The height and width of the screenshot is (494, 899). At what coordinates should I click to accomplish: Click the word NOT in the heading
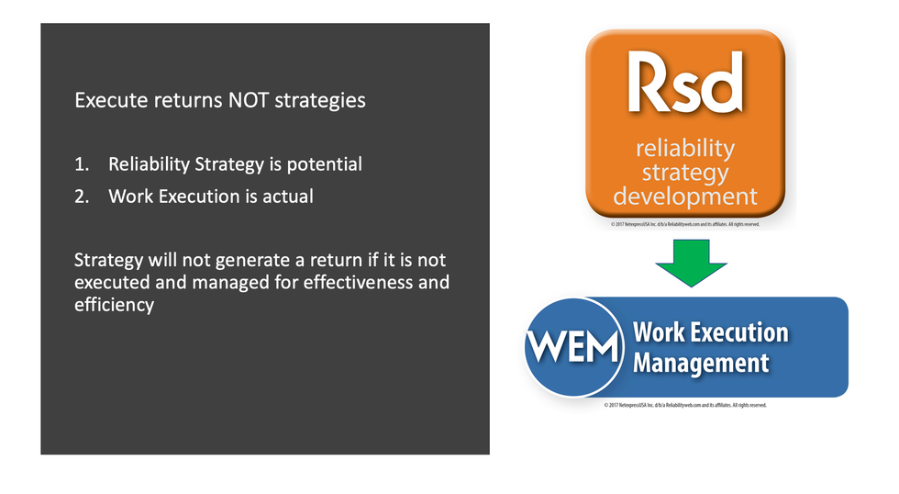[x=246, y=100]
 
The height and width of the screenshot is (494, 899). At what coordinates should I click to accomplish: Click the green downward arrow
[x=691, y=261]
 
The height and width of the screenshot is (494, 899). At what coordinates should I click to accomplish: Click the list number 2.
[x=82, y=196]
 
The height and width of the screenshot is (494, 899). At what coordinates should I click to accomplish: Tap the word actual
[x=287, y=196]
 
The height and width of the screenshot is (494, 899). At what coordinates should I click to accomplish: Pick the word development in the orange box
[x=685, y=196]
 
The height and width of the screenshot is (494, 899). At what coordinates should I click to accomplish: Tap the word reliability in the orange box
[x=685, y=148]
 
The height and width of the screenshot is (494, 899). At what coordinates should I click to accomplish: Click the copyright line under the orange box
[x=684, y=223]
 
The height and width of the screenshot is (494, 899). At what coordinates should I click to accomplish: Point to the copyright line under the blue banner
[x=685, y=405]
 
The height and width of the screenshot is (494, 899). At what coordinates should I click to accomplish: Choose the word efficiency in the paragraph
[x=114, y=305]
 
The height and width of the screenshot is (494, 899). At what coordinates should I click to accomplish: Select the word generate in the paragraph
[x=237, y=260]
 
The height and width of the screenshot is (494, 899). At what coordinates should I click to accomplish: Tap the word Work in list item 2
[x=128, y=196]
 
